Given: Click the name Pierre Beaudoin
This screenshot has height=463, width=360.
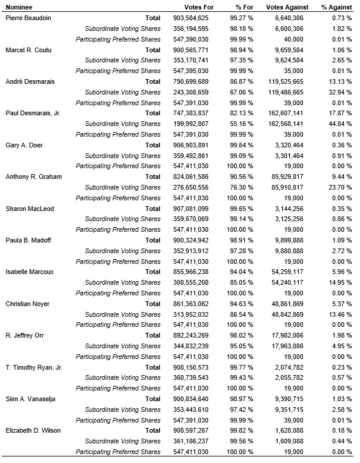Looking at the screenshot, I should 28,18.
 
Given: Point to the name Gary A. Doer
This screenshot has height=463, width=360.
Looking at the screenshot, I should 24,145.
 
